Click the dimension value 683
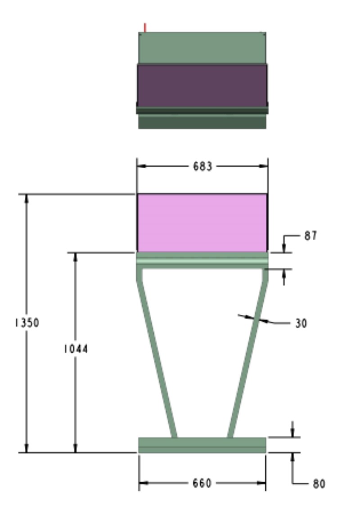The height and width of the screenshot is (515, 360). [x=202, y=166]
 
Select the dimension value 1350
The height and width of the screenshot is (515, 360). [x=27, y=323]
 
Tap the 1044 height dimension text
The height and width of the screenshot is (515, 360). [x=76, y=349]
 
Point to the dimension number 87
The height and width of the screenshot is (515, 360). [x=310, y=236]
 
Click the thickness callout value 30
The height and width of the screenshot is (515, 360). [x=301, y=323]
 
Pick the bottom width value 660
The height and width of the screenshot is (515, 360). [x=202, y=483]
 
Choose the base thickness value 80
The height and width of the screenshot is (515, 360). [x=319, y=484]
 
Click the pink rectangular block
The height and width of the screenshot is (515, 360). [x=202, y=223]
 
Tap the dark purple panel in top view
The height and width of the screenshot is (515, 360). [x=202, y=85]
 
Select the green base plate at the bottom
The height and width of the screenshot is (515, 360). [x=202, y=445]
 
